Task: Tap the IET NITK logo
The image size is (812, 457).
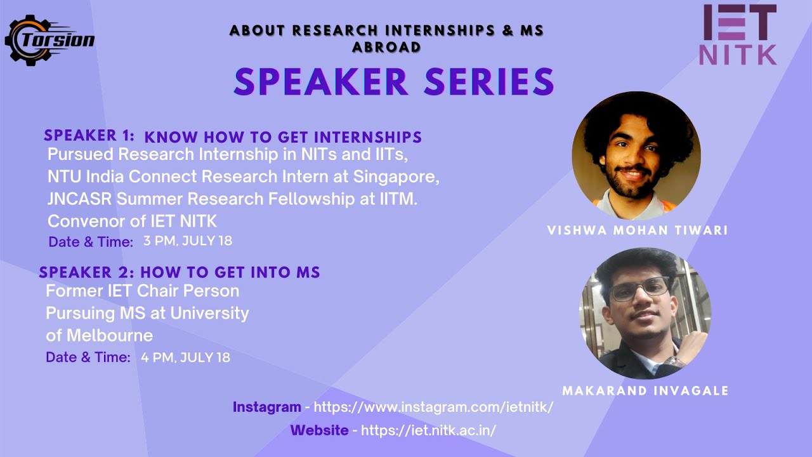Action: (x=738, y=35)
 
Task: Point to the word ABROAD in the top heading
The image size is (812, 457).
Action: (x=386, y=47)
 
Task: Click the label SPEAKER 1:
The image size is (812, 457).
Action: (x=89, y=136)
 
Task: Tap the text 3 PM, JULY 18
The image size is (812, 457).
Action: (x=188, y=241)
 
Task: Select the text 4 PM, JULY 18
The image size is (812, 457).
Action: (x=185, y=357)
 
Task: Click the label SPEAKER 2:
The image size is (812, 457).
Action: (x=86, y=273)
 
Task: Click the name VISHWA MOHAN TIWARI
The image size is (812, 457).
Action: (x=637, y=230)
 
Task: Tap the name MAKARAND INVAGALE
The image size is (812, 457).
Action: (x=645, y=390)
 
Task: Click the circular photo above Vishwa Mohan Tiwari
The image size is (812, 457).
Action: (x=636, y=156)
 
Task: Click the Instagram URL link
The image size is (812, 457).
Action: (x=433, y=407)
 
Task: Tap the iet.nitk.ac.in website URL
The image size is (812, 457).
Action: (x=428, y=430)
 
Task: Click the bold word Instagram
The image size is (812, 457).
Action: (x=266, y=407)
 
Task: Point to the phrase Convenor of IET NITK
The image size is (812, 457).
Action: (x=132, y=221)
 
